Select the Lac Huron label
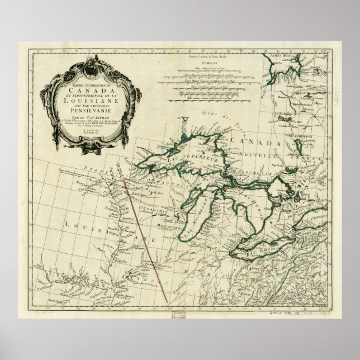coord(246,197)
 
